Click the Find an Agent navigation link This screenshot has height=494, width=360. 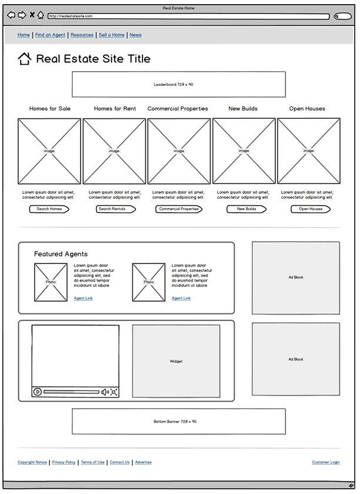[x=50, y=35]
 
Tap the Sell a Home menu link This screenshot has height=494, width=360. [x=111, y=35]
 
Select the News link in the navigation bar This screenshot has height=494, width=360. [x=135, y=35]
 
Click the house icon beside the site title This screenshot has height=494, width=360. [x=24, y=58]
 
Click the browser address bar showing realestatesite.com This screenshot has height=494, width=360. [x=188, y=16]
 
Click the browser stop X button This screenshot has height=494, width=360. [x=32, y=15]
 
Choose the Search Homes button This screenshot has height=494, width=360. [x=49, y=209]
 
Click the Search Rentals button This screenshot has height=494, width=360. [x=112, y=209]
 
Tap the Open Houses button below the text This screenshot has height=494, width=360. [x=311, y=209]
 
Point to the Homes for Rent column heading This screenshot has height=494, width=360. [x=115, y=109]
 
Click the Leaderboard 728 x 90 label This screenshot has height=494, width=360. [x=174, y=85]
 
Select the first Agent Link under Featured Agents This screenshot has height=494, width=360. [x=83, y=298]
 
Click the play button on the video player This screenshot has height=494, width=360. [x=38, y=392]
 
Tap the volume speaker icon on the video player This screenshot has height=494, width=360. [x=105, y=392]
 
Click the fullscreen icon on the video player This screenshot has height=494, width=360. [x=114, y=392]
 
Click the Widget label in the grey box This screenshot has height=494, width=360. [x=176, y=361]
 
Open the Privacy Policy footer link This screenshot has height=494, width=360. [x=64, y=462]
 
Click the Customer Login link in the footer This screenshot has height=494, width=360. [x=325, y=462]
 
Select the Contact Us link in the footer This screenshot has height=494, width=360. [x=119, y=462]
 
